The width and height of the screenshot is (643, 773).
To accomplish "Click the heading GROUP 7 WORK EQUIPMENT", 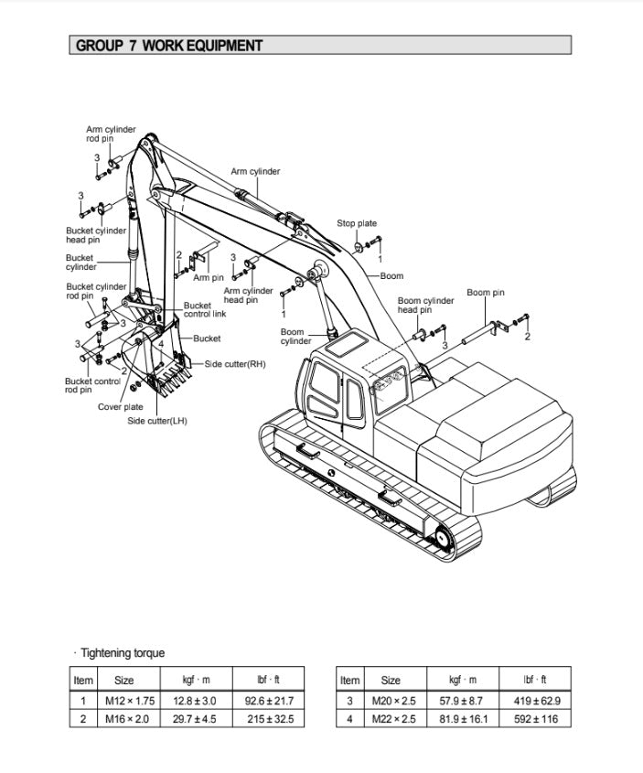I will pyautogui.click(x=169, y=45).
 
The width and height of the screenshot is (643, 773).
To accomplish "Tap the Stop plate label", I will pyautogui.click(x=356, y=223).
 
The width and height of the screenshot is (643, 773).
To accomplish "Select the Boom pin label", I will pyautogui.click(x=485, y=293).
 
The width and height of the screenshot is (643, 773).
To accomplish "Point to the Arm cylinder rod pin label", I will pyautogui.click(x=111, y=134).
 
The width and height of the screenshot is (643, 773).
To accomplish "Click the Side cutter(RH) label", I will pyautogui.click(x=234, y=364).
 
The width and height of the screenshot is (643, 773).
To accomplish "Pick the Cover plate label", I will pyautogui.click(x=121, y=407).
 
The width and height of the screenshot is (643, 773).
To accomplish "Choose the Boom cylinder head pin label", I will pyautogui.click(x=425, y=305).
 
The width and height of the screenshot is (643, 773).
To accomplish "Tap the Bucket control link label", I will pyautogui.click(x=204, y=310).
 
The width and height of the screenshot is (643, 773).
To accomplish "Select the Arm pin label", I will pyautogui.click(x=209, y=277).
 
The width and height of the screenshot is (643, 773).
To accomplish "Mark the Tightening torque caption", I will pyautogui.click(x=122, y=652).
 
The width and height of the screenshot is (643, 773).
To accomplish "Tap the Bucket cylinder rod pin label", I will pyautogui.click(x=96, y=291).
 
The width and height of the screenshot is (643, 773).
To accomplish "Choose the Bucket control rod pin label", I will pyautogui.click(x=92, y=385).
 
